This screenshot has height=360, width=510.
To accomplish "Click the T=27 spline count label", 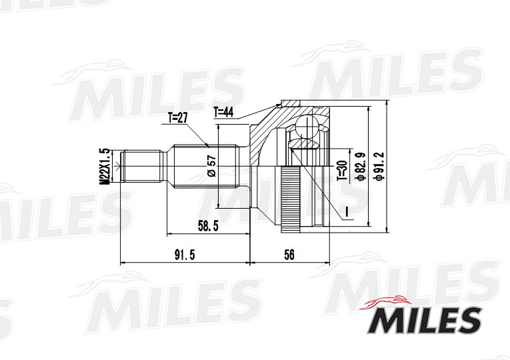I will click(x=177, y=118).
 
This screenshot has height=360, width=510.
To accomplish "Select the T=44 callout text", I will click(x=223, y=113).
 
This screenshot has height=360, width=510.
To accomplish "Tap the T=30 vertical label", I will click(x=342, y=171).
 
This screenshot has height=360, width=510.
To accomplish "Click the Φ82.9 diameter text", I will click(x=360, y=167).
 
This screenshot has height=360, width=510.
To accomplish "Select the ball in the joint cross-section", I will click(x=308, y=127).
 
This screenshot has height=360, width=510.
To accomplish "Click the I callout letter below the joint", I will click(x=347, y=213).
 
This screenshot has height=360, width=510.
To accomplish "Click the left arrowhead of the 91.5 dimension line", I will click(x=121, y=263).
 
